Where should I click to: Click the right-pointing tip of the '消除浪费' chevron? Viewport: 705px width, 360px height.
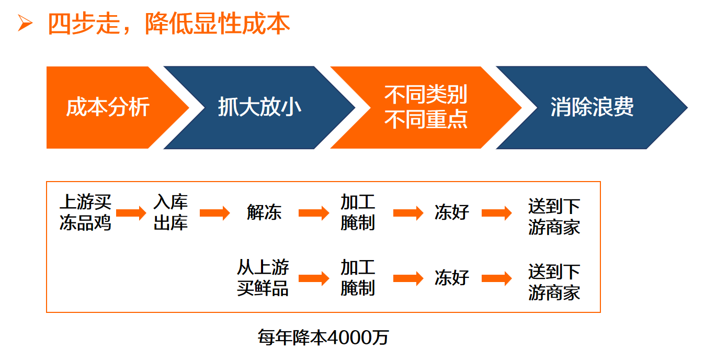pyautogui.click(x=688, y=108)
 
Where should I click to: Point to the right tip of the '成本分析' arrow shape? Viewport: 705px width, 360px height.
pyautogui.click(x=189, y=108)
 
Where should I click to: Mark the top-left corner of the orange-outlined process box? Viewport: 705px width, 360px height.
pyautogui.click(x=47, y=182)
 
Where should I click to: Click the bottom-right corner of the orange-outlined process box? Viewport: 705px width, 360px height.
pyautogui.click(x=600, y=312)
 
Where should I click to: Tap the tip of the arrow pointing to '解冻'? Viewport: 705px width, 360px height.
pyautogui.click(x=230, y=213)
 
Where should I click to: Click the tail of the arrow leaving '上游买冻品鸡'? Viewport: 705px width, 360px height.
pyautogui.click(x=117, y=213)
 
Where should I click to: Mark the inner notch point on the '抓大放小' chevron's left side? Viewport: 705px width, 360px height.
pyautogui.click(x=205, y=108)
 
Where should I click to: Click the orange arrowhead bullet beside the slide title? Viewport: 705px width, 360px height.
pyautogui.click(x=25, y=23)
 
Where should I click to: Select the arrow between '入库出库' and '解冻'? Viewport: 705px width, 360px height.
pyautogui.click(x=215, y=213)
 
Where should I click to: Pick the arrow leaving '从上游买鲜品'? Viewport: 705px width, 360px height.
pyautogui.click(x=314, y=278)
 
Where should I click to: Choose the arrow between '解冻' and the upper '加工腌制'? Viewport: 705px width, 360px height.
pyautogui.click(x=314, y=213)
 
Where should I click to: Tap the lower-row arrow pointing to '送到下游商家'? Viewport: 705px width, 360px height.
pyautogui.click(x=497, y=278)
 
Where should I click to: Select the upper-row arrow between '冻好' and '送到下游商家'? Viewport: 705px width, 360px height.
pyautogui.click(x=497, y=213)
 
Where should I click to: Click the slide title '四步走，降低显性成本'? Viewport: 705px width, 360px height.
pyautogui.click(x=169, y=24)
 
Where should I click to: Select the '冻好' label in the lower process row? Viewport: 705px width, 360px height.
pyautogui.click(x=452, y=278)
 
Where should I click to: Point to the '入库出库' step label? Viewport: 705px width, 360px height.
pyautogui.click(x=170, y=212)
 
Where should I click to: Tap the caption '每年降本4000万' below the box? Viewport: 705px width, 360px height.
pyautogui.click(x=323, y=337)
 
